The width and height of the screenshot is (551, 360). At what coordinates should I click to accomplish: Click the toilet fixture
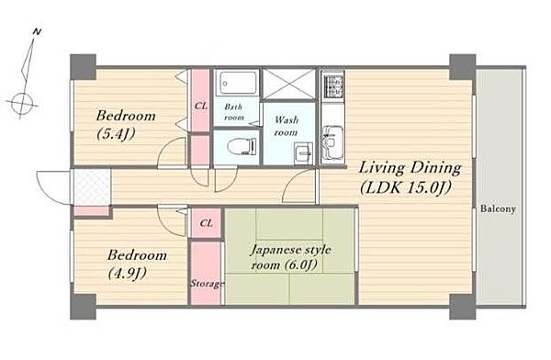coord(242,146)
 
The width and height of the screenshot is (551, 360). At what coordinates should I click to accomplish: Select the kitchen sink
coord(332,142)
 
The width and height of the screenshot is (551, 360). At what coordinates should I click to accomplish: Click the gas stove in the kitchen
coord(333,86)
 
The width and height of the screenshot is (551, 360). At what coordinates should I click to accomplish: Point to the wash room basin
coord(303,153)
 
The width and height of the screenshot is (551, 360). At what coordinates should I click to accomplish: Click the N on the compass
coord(37,32)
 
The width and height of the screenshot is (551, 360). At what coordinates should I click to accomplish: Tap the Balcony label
coord(498,208)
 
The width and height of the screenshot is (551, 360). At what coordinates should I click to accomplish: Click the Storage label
coord(207,284)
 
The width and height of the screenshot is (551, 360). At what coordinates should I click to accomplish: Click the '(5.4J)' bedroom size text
coord(116,134)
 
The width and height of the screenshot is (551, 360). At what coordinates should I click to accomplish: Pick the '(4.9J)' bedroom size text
coord(127,273)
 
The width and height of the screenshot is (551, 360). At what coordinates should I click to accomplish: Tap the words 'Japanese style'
coord(290,251)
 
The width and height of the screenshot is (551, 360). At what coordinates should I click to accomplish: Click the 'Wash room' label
coord(286,126)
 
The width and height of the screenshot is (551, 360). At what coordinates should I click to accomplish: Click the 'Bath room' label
coord(233,112)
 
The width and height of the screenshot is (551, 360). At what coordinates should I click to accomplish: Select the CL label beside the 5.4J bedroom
coord(201,106)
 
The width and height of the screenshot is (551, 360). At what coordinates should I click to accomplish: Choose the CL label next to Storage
coord(206,223)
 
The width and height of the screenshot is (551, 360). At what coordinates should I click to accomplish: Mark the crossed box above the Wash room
coord(289,84)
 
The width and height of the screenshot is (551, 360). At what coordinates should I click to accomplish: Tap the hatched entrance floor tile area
coord(92,187)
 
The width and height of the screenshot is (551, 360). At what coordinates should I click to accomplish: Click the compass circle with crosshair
coord(22,104)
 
